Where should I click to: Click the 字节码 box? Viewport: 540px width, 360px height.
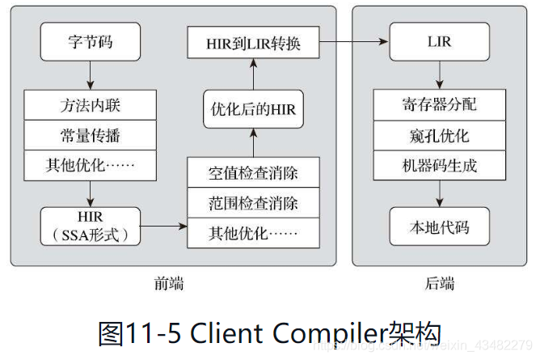(90, 42)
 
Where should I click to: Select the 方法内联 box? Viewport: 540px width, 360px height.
(89, 105)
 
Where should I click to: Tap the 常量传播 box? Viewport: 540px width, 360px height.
(89, 135)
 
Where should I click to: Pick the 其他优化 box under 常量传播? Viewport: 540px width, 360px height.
(89, 166)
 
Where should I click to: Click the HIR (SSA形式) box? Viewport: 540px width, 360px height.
(90, 226)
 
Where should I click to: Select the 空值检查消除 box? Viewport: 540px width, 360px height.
(253, 173)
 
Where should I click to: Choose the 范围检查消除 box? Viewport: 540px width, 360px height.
(253, 203)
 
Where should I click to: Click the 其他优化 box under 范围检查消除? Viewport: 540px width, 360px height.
(253, 233)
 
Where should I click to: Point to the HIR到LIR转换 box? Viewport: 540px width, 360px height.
(253, 42)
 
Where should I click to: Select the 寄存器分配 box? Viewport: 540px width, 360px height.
(439, 105)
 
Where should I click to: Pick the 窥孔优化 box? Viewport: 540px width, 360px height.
(439, 135)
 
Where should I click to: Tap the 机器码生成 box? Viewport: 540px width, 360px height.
(439, 166)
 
